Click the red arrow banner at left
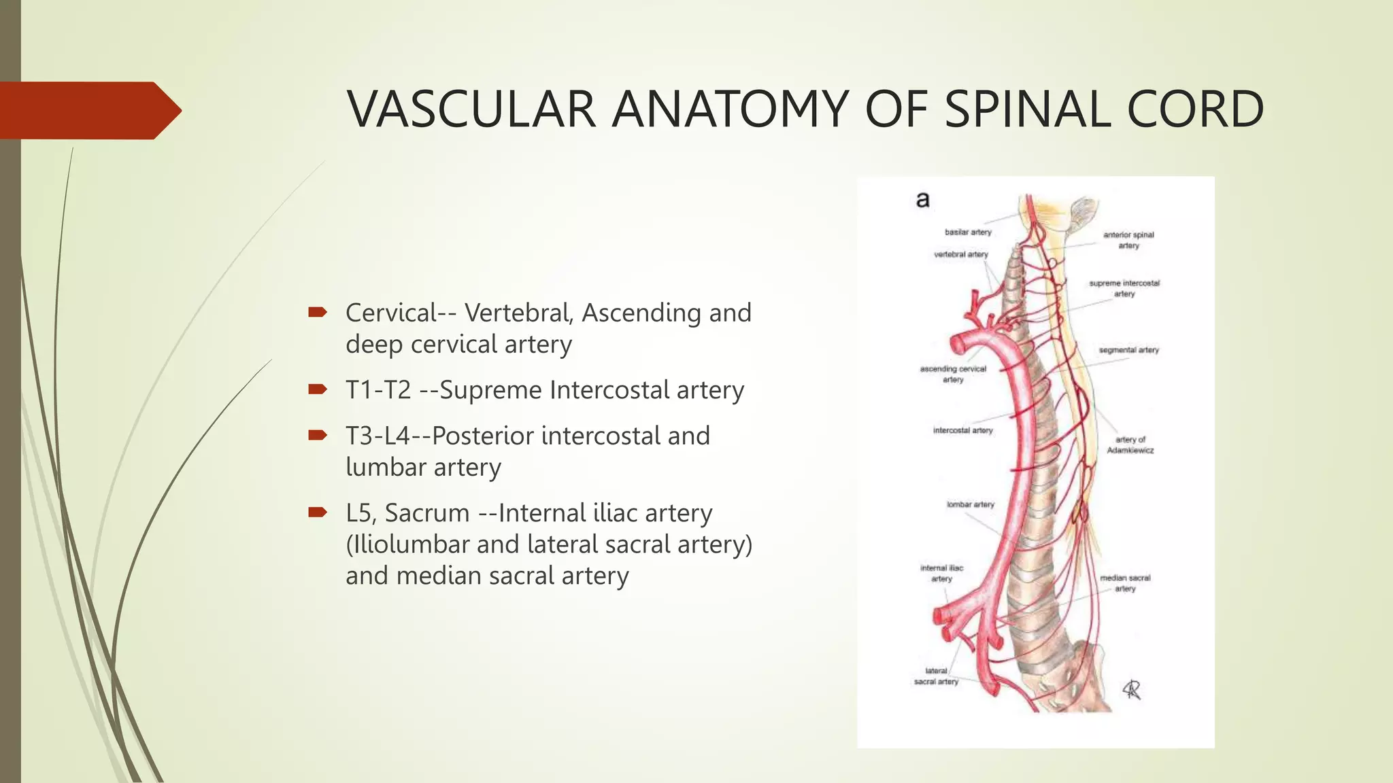point(88,110)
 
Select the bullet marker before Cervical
point(317,313)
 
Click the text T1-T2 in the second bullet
point(378,390)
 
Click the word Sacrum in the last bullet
point(427,513)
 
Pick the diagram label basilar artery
point(968,232)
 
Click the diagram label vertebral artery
point(961,254)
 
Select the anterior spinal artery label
point(1128,240)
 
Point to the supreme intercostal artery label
point(1124,288)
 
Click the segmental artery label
point(1128,350)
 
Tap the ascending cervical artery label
point(953,374)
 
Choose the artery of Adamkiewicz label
point(1130,445)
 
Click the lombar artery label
point(970,504)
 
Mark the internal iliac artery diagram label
point(942,573)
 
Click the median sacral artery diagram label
point(1125,583)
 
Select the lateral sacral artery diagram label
point(936,676)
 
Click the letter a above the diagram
point(922,200)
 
